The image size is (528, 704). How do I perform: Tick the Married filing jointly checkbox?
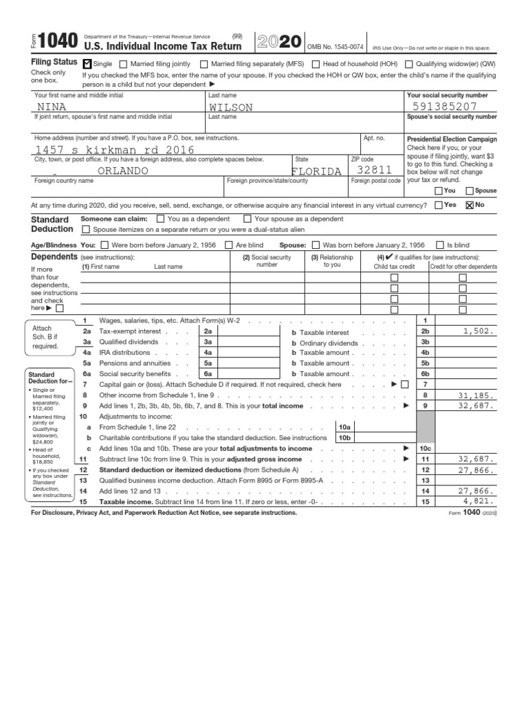[x=124, y=64]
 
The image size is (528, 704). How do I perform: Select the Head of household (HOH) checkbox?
[x=316, y=64]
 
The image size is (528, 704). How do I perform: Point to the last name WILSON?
[x=230, y=107]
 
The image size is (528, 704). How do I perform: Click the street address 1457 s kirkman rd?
[x=114, y=150]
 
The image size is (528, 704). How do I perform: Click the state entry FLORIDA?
[x=316, y=171]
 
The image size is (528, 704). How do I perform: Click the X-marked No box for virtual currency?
[x=470, y=205]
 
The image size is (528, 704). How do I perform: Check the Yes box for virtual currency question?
[x=439, y=205]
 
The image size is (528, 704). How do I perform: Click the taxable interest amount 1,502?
[x=478, y=331]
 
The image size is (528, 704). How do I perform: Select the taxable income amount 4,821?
[x=479, y=502]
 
